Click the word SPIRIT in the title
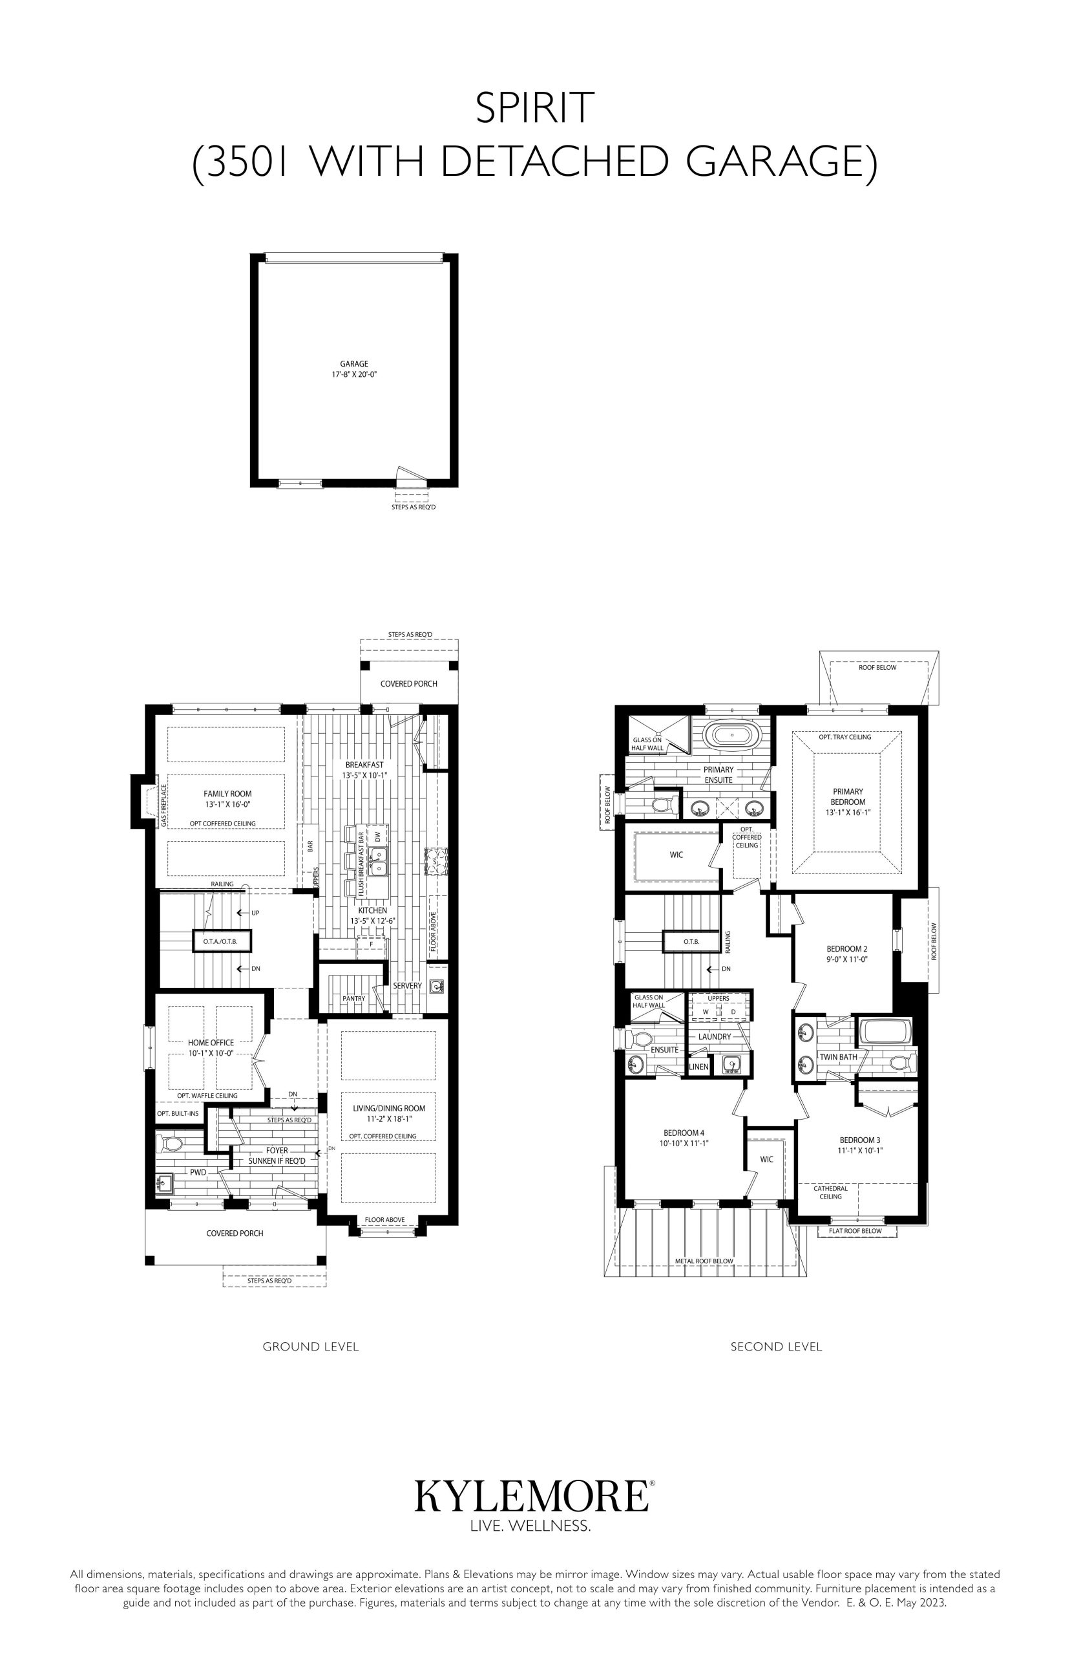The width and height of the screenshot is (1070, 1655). [x=534, y=109]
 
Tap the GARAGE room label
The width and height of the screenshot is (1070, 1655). [x=353, y=363]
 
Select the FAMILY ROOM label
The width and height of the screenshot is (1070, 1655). [x=227, y=794]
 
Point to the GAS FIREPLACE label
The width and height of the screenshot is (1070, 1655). [x=164, y=806]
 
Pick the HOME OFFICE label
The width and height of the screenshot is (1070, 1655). [x=211, y=1043]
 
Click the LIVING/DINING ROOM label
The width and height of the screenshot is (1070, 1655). [x=388, y=1108]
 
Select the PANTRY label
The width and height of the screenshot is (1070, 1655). [x=353, y=998]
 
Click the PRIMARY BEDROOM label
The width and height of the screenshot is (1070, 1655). [x=848, y=796]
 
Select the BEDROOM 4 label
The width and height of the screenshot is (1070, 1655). [x=684, y=1132]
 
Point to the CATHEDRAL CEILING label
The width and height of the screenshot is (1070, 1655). [x=830, y=1192]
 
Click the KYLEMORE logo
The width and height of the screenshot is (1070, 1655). [x=532, y=1495]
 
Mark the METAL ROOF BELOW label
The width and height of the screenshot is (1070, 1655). [x=704, y=1261]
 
